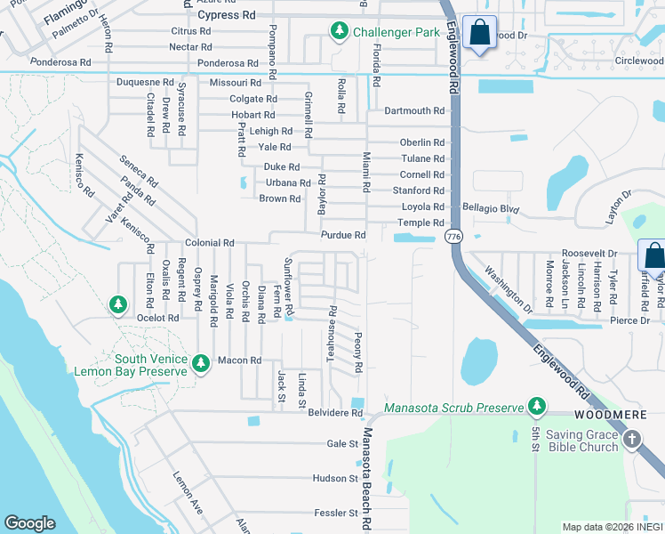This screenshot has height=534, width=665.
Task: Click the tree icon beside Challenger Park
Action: coord(339,32)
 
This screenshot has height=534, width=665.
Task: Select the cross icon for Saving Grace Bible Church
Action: coord(631,439)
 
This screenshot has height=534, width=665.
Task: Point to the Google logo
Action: coord(29,523)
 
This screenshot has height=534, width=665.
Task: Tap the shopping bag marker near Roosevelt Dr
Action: coord(653,255)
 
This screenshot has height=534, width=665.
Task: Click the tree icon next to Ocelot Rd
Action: coord(117,305)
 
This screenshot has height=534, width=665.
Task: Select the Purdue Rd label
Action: coord(343,235)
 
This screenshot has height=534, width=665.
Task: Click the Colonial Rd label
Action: coord(209,243)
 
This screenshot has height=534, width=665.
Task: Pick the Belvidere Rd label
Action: coord(335,414)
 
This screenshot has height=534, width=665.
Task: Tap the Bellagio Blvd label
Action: coord(489,207)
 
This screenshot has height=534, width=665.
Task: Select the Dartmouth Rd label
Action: coord(413,111)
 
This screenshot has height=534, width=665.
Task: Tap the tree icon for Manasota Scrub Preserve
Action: coord(536,408)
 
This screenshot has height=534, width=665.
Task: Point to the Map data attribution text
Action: coord(611,527)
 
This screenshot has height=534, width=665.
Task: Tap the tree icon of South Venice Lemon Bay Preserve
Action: coord(201,363)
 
